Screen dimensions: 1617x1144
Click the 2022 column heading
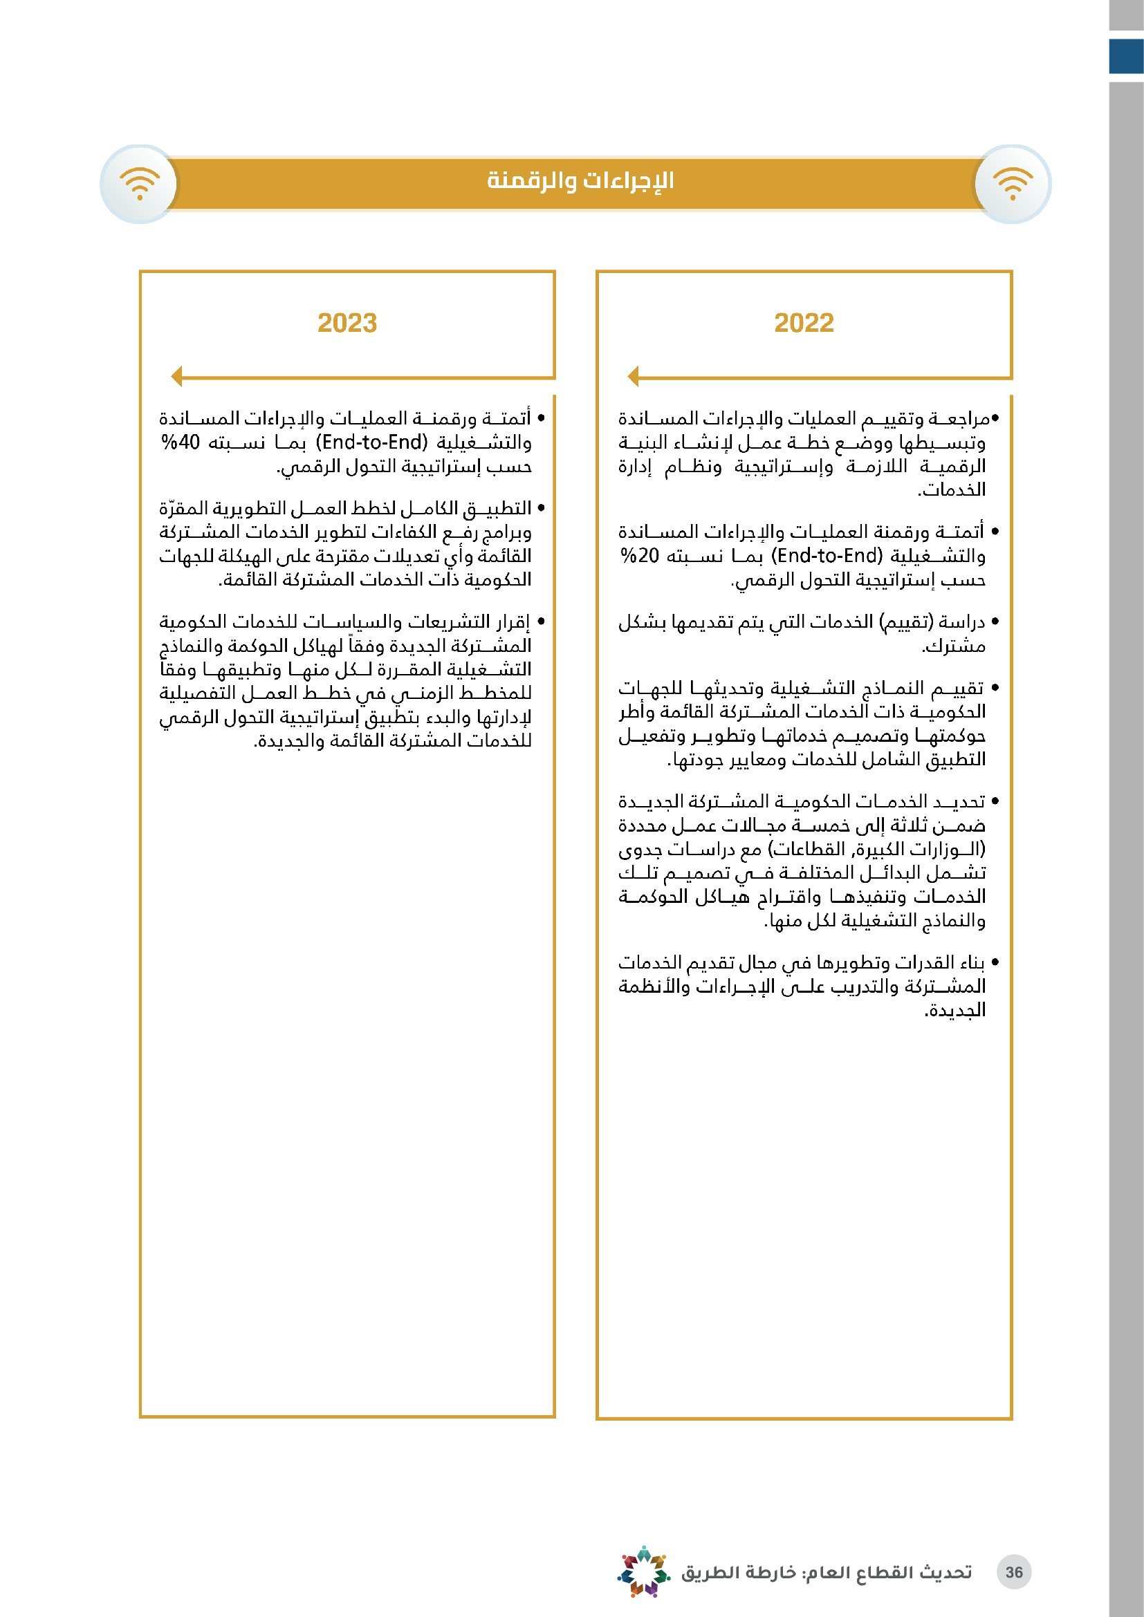click(x=804, y=324)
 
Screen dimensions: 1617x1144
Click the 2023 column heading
click(x=347, y=324)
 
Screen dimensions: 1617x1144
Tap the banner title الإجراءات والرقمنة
click(x=580, y=181)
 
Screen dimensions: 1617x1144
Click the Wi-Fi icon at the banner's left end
click(x=140, y=185)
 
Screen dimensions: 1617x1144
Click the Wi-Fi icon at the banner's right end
click(x=1013, y=185)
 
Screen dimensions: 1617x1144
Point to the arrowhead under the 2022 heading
click(x=633, y=376)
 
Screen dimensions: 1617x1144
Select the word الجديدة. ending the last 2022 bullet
click(x=954, y=1011)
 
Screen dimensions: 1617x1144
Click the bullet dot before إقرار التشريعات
click(x=541, y=623)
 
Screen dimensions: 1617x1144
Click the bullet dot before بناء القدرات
click(x=995, y=963)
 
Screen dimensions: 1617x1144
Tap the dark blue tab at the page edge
click(x=1126, y=56)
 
